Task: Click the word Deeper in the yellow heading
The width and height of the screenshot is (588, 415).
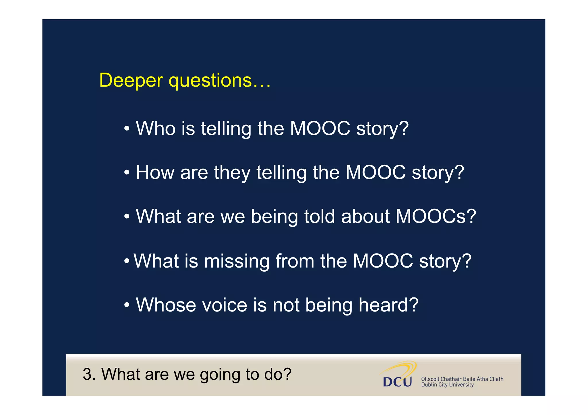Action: pos(131,80)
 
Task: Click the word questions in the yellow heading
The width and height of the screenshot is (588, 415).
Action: pos(210,81)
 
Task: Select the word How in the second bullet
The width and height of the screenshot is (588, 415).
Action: pos(155,172)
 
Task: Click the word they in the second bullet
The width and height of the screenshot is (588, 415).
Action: pos(232,173)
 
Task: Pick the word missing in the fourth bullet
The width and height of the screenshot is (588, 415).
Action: pos(237,261)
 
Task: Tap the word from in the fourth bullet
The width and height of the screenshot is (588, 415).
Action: pos(295,261)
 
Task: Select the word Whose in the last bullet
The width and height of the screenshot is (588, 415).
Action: pos(166,305)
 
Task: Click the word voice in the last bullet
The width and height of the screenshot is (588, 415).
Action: pos(225,305)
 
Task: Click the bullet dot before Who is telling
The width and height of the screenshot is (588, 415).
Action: pos(127,129)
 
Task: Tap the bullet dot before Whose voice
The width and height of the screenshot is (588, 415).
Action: pos(127,305)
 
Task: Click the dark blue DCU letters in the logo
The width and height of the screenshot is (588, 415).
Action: pos(397,382)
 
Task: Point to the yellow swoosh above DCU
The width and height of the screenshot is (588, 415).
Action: pos(402,367)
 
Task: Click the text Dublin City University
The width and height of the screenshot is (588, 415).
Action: pos(447,385)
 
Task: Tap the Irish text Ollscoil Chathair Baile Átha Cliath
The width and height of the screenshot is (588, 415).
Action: pos(462,379)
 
